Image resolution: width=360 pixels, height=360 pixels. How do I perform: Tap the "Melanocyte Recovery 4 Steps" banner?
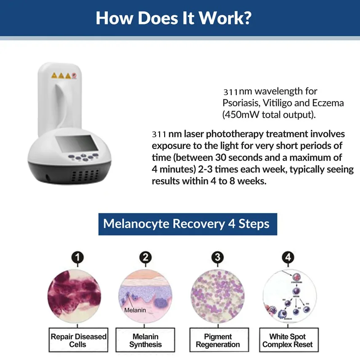click(186, 223)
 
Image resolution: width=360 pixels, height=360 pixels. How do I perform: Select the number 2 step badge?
click(146, 257)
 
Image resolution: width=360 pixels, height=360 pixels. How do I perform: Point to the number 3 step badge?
click(217, 257)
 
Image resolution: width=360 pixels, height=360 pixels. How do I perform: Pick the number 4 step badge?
click(288, 257)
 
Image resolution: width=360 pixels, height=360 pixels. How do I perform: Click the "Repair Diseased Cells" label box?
click(78, 340)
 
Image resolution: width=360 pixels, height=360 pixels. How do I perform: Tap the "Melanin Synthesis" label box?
click(146, 340)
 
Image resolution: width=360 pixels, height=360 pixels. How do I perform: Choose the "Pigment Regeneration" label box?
click(218, 340)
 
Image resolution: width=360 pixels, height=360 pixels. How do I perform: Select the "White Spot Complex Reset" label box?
click(288, 340)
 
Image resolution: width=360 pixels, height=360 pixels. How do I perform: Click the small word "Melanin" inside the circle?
click(136, 310)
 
